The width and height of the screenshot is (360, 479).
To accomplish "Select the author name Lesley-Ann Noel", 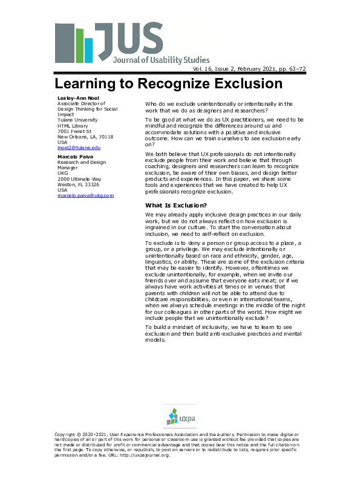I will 74,98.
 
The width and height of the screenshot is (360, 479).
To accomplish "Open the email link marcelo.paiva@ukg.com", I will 85,195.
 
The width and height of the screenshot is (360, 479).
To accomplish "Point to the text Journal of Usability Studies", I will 161,60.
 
